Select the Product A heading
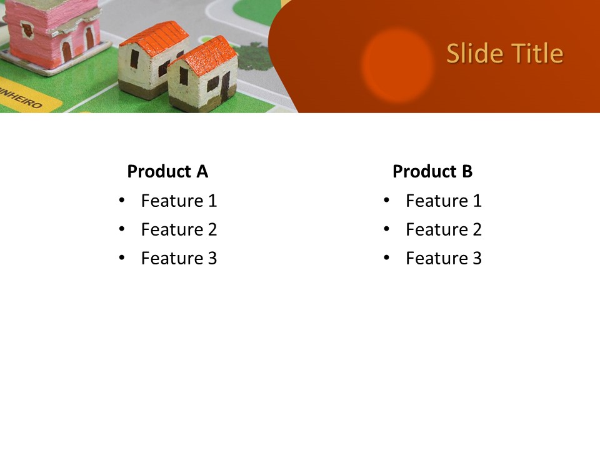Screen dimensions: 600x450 pos(167,171)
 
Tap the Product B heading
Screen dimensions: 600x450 pos(432,171)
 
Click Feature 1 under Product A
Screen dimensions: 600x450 pos(179,201)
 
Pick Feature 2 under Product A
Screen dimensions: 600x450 pos(179,229)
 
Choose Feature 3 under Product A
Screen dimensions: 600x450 pos(179,258)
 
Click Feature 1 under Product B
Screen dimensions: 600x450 pos(444,201)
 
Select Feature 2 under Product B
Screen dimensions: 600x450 pos(444,229)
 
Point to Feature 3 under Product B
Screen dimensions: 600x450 pos(444,258)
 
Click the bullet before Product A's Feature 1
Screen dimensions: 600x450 pos(122,200)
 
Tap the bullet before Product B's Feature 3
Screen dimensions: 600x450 pos(386,257)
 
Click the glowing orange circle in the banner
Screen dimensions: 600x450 pos(397,66)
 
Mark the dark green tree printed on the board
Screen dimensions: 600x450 pos(256,57)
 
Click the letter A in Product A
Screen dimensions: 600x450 pos(202,171)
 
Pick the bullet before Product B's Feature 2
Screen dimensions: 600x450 pos(386,229)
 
